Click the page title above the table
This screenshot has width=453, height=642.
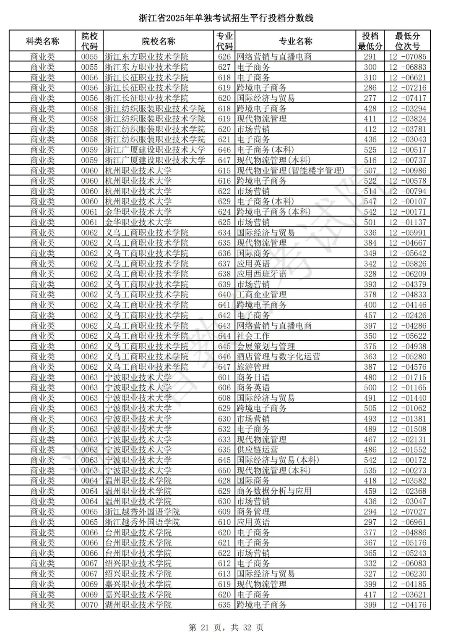(226, 18)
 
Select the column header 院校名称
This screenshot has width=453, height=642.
(159, 41)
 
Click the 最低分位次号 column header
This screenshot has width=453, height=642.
(407, 41)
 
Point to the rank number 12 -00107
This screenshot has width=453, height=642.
(407, 202)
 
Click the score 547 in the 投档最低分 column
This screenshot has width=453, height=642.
(370, 202)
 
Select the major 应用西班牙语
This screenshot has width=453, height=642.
(261, 274)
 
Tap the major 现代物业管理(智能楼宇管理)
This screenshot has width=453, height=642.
(290, 171)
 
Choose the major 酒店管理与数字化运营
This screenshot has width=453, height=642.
(278, 357)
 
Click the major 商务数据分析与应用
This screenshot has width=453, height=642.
(274, 491)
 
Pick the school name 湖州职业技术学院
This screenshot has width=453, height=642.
(138, 605)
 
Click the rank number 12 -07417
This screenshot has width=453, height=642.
(407, 98)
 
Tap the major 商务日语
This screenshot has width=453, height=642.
(253, 377)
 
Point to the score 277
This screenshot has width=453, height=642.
(370, 98)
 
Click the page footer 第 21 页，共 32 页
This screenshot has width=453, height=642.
(226, 628)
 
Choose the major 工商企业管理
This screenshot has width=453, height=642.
(261, 295)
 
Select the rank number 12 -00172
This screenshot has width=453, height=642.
(407, 460)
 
